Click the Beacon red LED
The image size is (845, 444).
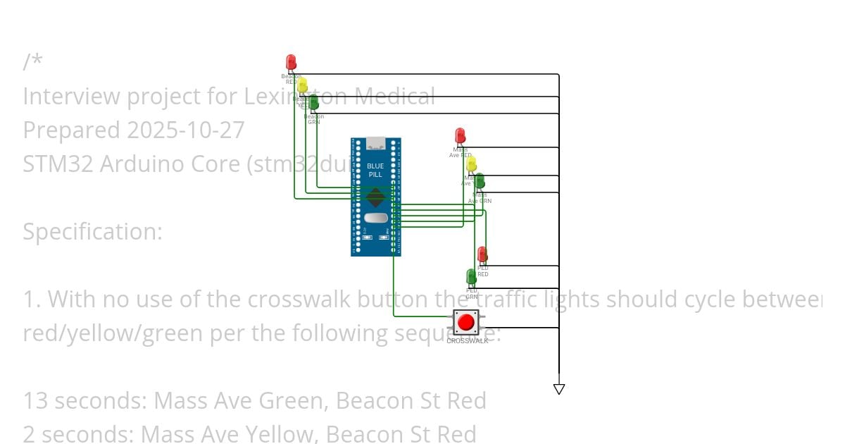coord(291,63)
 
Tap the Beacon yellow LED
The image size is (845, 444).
coord(302,85)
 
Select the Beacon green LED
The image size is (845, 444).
coord(313,103)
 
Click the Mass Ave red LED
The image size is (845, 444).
coord(460,135)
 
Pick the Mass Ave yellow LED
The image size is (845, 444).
coord(471,164)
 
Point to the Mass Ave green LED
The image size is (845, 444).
coord(480,181)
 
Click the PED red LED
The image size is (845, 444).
coord(482,254)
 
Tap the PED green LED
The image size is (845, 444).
coord(471,276)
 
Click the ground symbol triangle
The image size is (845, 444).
coord(559,388)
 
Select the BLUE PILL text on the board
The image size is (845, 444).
coord(375,170)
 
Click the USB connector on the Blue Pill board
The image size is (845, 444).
coord(376,143)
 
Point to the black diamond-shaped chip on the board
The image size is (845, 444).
coord(375,197)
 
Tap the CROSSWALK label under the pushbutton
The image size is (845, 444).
coord(467,341)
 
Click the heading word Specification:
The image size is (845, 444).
coord(92,232)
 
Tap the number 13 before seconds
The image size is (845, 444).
coord(35,401)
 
